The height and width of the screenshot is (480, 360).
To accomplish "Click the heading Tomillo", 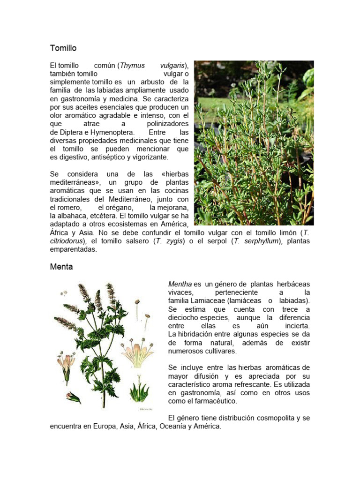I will (63, 48).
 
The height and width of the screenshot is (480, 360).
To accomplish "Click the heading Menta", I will (61, 267).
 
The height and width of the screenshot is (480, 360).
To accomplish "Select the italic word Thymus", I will (133, 65).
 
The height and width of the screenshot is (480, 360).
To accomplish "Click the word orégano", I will (112, 207).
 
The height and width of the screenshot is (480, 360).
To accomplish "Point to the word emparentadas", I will (73, 249).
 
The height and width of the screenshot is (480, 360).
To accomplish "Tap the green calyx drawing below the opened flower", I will (139, 389).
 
